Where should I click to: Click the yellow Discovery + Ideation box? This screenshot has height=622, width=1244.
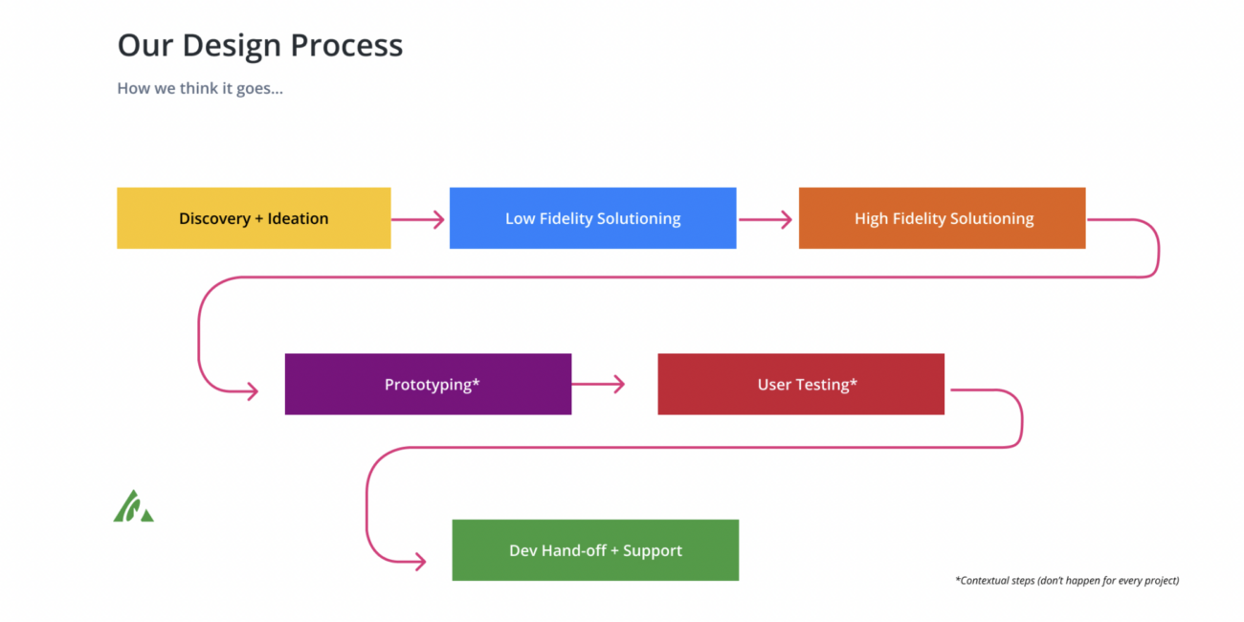click(x=254, y=218)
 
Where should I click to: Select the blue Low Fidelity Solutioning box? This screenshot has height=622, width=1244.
click(x=592, y=218)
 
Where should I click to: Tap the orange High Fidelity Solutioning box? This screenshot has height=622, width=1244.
click(x=942, y=218)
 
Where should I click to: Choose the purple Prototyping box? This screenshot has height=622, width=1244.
click(x=428, y=384)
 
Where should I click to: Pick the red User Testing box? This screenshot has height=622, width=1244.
click(x=801, y=384)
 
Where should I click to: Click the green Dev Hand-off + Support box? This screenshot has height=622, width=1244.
click(x=595, y=550)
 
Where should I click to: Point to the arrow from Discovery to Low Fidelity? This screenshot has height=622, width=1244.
click(x=417, y=219)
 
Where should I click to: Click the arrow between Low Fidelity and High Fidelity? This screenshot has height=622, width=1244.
click(x=766, y=219)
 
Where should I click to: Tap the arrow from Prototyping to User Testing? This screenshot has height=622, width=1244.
click(x=598, y=384)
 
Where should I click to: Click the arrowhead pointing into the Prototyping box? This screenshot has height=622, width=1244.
click(x=253, y=391)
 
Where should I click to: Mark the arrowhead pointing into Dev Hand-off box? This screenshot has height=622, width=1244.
click(x=420, y=561)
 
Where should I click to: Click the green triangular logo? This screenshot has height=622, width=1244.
click(x=133, y=506)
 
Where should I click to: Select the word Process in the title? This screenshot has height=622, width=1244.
click(x=346, y=46)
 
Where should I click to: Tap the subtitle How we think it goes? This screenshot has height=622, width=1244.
click(x=200, y=88)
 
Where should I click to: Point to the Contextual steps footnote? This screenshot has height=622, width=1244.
click(x=1067, y=580)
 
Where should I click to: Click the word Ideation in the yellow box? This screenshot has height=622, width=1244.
click(x=298, y=218)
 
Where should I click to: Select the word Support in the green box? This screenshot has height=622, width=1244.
click(x=653, y=551)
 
